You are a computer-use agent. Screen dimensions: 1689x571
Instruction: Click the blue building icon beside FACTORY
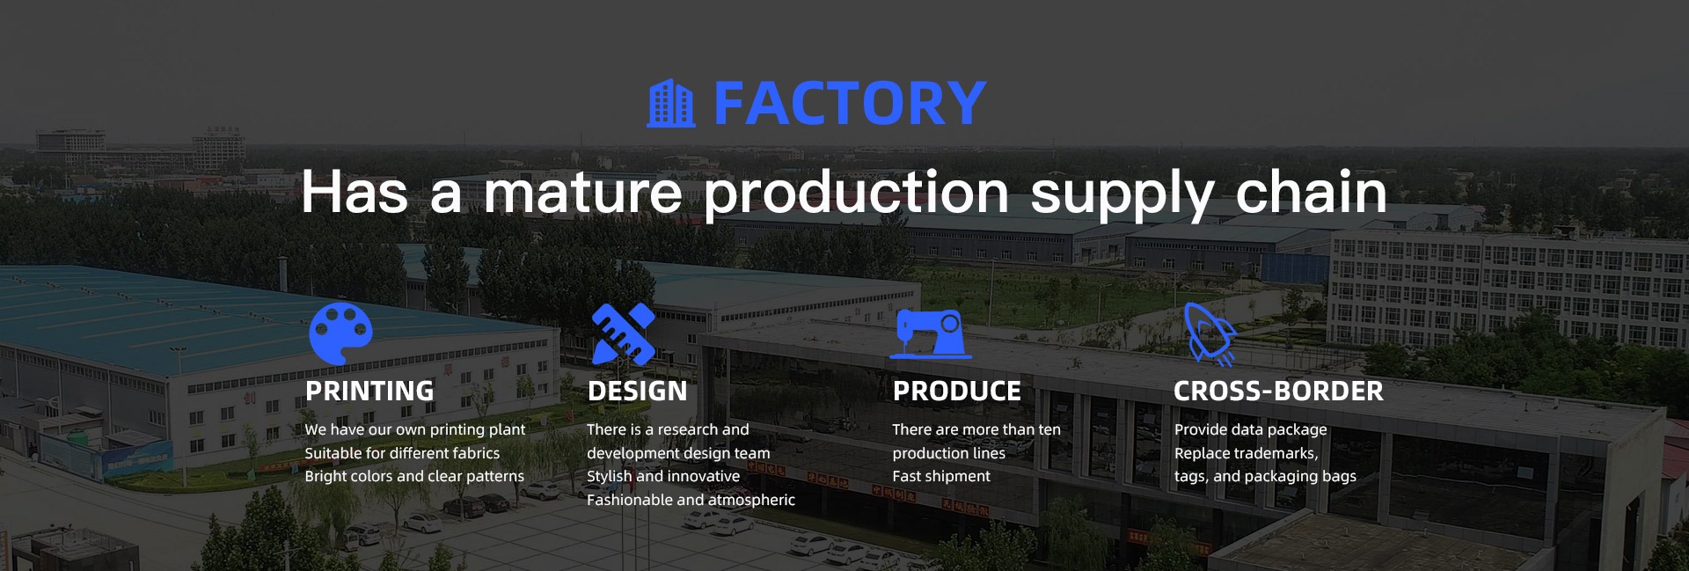click(x=670, y=104)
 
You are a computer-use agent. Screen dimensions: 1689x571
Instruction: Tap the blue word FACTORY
click(x=850, y=104)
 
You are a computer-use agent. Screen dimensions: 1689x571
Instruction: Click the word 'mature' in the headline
click(x=583, y=192)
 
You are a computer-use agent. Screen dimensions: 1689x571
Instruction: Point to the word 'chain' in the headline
click(x=1311, y=192)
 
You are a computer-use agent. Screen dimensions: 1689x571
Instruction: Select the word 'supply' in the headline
click(x=1122, y=195)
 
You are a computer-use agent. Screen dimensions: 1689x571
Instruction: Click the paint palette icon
click(x=340, y=333)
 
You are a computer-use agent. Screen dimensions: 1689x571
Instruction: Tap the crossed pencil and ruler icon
click(x=624, y=333)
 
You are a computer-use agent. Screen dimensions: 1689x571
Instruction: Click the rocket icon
click(x=1210, y=333)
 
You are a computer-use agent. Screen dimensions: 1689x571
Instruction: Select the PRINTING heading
click(x=369, y=391)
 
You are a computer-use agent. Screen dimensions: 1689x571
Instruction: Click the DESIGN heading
click(x=637, y=391)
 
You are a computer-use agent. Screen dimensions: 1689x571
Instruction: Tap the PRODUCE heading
click(x=957, y=391)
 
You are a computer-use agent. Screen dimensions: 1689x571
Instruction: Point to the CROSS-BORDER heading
click(x=1278, y=391)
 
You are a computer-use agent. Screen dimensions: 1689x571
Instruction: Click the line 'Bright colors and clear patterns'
click(x=414, y=476)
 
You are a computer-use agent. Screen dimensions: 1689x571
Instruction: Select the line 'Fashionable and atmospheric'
click(x=691, y=500)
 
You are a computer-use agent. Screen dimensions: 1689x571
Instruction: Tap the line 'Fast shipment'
click(x=941, y=476)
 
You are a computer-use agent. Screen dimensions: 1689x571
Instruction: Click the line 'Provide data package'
click(x=1250, y=430)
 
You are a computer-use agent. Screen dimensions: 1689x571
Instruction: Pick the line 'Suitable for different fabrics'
click(x=402, y=453)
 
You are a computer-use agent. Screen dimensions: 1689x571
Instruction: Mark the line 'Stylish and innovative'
click(x=663, y=476)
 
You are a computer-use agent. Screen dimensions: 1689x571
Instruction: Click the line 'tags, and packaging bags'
click(x=1265, y=477)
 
